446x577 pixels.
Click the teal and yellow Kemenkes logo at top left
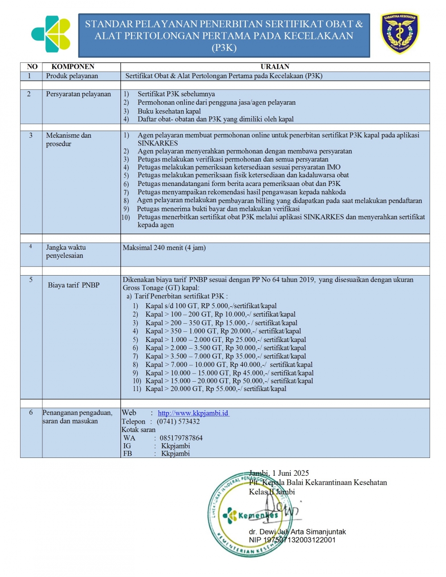click(x=51, y=34)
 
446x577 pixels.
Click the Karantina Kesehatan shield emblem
click(x=399, y=33)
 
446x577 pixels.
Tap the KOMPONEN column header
click(x=73, y=67)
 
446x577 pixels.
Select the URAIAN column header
click(x=275, y=67)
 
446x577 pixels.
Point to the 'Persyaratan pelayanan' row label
click(x=78, y=94)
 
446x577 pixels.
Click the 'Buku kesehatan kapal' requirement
click(x=169, y=111)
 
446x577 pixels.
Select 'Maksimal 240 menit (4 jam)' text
click(x=164, y=247)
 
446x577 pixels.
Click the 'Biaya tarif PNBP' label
click(x=74, y=285)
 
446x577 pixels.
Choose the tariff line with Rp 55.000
click(x=215, y=389)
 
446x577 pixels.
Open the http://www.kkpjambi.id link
click(x=193, y=413)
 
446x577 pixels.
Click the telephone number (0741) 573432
click(x=178, y=421)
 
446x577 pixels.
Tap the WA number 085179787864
click(x=181, y=438)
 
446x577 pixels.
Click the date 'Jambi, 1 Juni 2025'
click(x=279, y=473)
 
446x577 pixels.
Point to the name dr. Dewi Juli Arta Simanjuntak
click(x=297, y=532)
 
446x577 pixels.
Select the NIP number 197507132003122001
click(x=292, y=540)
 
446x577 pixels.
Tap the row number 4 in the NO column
click(x=31, y=247)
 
